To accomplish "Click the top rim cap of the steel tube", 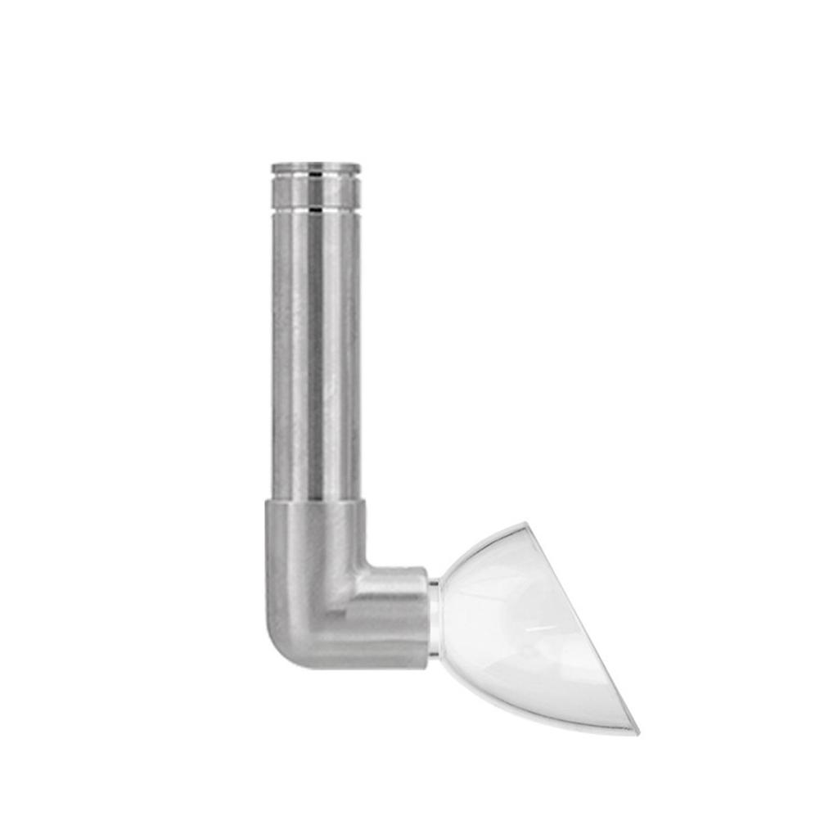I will (316, 168).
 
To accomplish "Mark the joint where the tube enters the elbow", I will (316, 500).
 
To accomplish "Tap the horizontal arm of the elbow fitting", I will (393, 614).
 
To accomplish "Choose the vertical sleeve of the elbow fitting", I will (315, 540).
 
